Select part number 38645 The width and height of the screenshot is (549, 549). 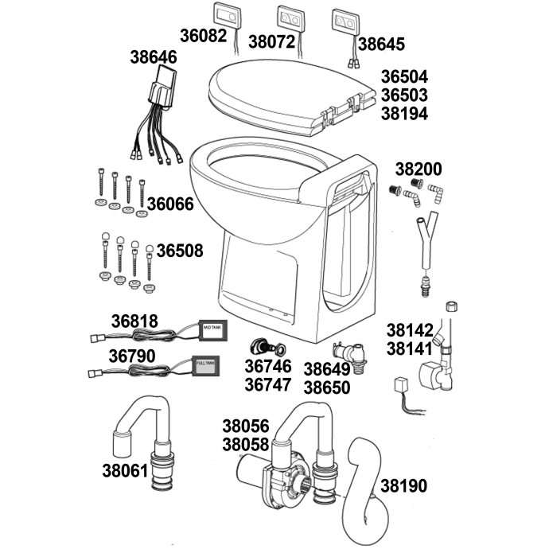pos(381,43)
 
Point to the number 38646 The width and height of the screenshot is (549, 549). pos(154,57)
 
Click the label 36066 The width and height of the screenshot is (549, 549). pos(169,204)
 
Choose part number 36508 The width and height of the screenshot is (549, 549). pos(179,251)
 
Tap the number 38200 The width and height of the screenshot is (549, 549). pos(419,169)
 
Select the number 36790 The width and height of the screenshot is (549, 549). pos(133,356)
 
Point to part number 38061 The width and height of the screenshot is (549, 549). pos(125,470)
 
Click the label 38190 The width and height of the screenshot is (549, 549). pos(403,485)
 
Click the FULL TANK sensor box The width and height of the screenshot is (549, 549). pos(206,365)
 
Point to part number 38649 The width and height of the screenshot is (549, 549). pos(327,368)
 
